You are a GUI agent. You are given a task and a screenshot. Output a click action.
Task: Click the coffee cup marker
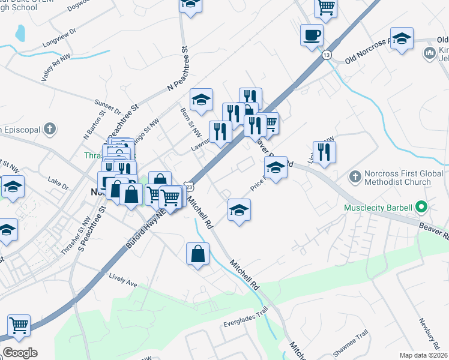point(312,35)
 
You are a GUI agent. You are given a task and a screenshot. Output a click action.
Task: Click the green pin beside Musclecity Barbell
point(421,208)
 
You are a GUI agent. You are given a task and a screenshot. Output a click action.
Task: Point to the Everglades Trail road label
point(246,311)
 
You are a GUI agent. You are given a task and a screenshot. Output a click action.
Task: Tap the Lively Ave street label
point(123,277)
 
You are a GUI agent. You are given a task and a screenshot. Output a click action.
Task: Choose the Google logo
point(20,353)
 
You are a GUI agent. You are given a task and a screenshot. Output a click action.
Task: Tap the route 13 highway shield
point(326,55)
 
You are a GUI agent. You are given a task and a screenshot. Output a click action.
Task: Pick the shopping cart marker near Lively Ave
point(19,326)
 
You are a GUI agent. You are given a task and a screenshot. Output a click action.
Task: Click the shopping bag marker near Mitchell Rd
point(198,254)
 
